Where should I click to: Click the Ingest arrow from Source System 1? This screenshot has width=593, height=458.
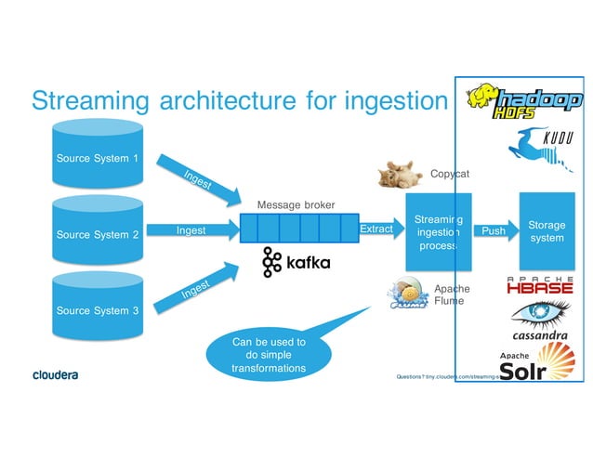coord(191,177)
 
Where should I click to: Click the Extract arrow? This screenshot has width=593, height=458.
coord(376,229)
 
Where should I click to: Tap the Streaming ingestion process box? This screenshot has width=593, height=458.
coord(438,232)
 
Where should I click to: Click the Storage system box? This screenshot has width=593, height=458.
coord(546,231)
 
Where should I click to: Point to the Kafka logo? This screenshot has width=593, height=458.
coord(296,263)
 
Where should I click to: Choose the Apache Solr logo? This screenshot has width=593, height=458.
coord(537,362)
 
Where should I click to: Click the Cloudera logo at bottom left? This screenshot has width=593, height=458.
coord(55,375)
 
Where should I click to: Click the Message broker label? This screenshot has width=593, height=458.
coord(296,204)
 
